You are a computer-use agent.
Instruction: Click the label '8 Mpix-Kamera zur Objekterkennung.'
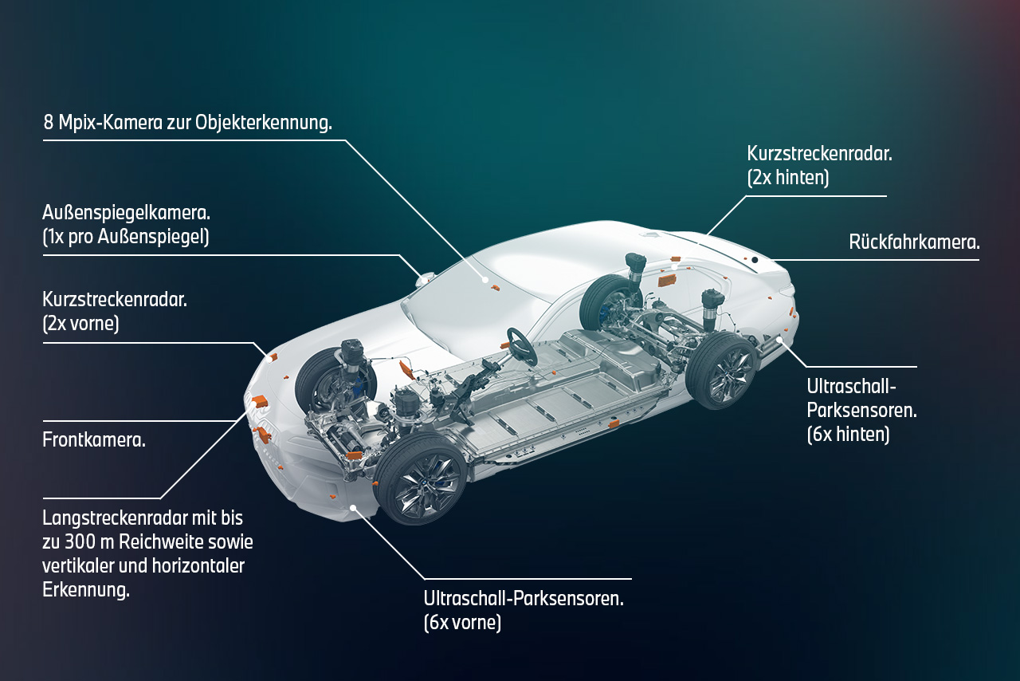tap(187, 124)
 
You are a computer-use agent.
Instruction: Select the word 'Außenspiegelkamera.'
tap(126, 214)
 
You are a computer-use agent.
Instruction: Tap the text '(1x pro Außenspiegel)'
tap(126, 238)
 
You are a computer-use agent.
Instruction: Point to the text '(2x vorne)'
tap(80, 324)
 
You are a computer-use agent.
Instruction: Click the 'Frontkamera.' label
tap(94, 439)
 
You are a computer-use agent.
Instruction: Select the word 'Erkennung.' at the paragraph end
tap(86, 590)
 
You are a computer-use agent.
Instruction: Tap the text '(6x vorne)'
tap(462, 622)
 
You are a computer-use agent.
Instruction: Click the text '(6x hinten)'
tap(848, 434)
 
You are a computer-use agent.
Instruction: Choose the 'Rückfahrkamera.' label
tap(914, 242)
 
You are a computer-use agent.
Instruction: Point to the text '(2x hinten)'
tap(787, 177)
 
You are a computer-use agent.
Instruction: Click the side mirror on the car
tap(425, 278)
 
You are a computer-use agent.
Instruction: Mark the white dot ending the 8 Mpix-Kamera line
tap(484, 280)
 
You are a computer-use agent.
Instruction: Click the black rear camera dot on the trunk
tap(754, 260)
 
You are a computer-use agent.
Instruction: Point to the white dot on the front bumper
tap(352, 506)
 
